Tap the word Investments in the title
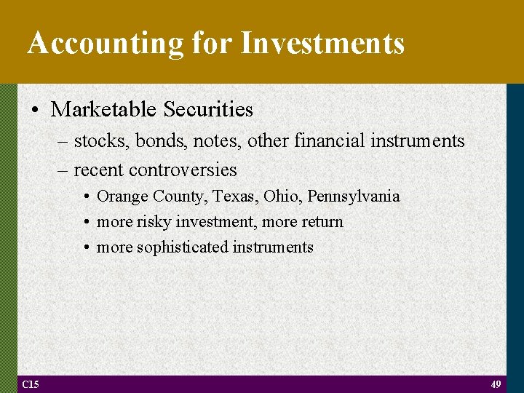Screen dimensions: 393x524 [x=322, y=43]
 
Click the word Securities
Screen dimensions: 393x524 [x=208, y=110]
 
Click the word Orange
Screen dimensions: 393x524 [x=120, y=196]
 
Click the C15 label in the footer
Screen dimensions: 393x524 [x=31, y=384]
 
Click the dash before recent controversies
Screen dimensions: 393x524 [x=62, y=170]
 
